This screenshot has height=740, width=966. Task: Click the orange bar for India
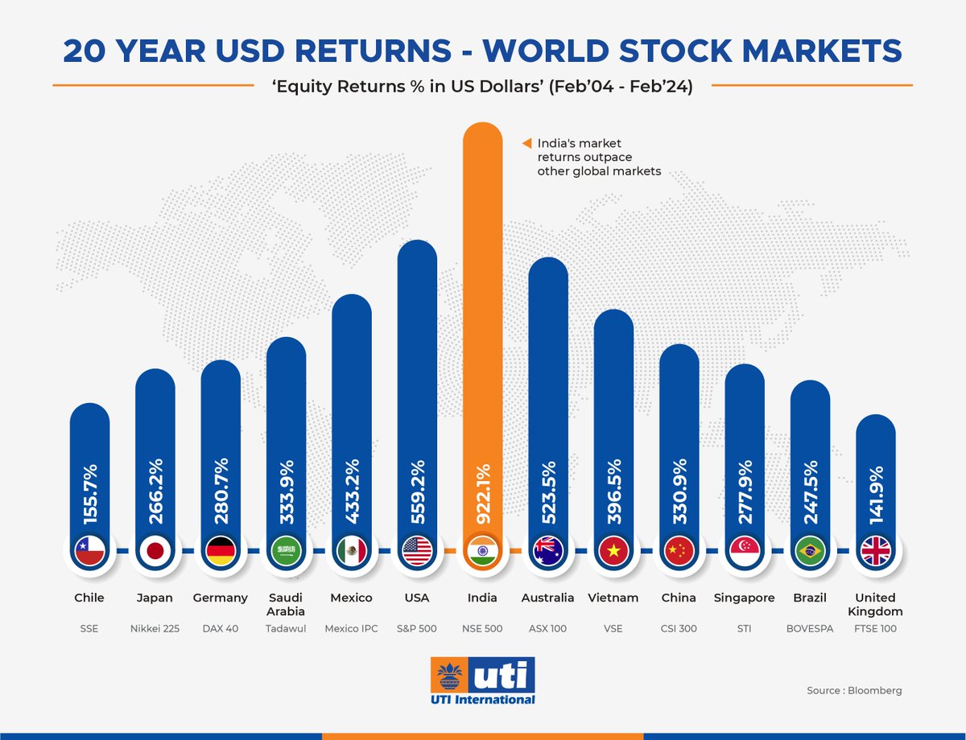click(x=483, y=322)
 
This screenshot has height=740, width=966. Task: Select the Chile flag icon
click(x=89, y=551)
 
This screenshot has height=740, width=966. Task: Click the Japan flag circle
click(x=155, y=551)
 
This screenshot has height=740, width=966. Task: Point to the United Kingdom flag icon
click(x=875, y=551)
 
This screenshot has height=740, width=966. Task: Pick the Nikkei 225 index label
click(x=155, y=628)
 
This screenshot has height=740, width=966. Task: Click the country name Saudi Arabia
click(x=286, y=604)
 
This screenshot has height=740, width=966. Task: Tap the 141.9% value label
click(x=875, y=491)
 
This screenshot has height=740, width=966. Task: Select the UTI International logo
click(x=483, y=680)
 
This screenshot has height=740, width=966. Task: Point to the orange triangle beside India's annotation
click(x=526, y=143)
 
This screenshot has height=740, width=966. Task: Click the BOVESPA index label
click(x=810, y=628)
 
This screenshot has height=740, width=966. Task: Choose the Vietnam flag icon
click(x=613, y=551)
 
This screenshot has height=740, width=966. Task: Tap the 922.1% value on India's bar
click(x=483, y=491)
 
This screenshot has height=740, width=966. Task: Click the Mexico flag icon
click(x=352, y=551)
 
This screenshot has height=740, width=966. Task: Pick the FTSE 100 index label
click(x=875, y=628)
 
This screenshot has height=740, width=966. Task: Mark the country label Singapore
click(x=744, y=598)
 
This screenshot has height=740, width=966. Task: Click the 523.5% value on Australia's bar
click(x=548, y=491)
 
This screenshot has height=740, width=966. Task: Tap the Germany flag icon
click(x=221, y=551)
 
